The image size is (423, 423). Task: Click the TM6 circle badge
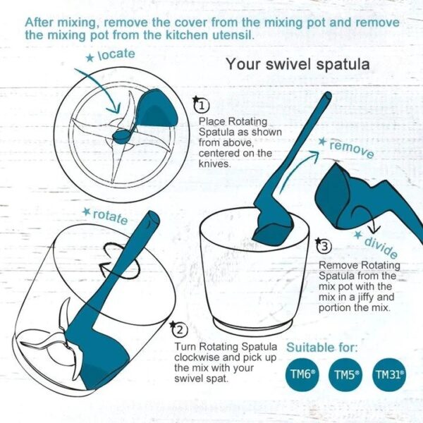(x=304, y=376)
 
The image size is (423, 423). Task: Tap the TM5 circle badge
(x=347, y=376)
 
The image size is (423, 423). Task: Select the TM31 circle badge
(x=390, y=376)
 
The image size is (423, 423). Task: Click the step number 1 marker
(x=202, y=106)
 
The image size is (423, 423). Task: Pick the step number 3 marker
(x=323, y=245)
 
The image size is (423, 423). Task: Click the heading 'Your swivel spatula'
(x=298, y=65)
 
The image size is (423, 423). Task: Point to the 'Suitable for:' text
(x=322, y=348)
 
